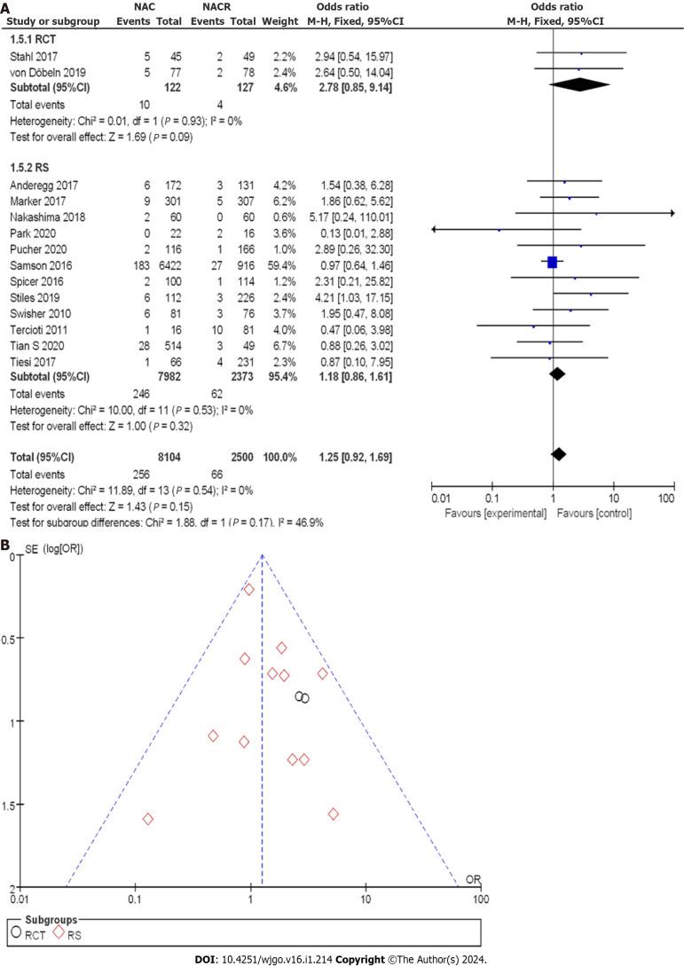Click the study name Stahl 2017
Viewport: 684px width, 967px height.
coord(28,55)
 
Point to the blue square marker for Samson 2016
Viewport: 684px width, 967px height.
coord(552,262)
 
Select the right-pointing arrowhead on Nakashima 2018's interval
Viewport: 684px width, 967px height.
coord(672,213)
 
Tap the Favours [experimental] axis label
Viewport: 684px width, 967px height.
coord(489,514)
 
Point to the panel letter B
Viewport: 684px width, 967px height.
coord(6,538)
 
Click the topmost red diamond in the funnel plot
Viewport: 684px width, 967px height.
coord(249,589)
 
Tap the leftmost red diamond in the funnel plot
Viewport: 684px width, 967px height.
coord(148,818)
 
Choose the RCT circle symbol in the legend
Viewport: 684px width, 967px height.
coord(16,932)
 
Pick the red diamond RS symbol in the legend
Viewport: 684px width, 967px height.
coord(59,932)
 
